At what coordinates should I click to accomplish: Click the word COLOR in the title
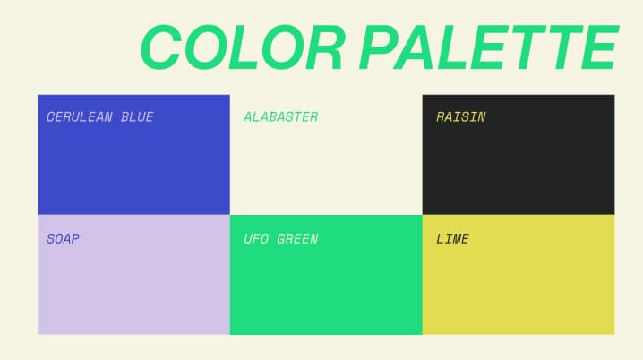[x=244, y=47]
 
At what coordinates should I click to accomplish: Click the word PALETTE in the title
[x=489, y=47]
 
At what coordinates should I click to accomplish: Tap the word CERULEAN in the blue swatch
[x=80, y=117]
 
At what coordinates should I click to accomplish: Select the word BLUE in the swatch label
[x=137, y=117]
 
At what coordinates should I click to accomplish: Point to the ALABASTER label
[x=281, y=117]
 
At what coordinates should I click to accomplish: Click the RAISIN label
[x=461, y=117]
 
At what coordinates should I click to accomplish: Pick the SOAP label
[x=63, y=238]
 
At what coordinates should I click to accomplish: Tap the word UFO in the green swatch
[x=256, y=238]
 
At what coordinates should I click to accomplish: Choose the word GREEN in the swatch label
[x=297, y=238]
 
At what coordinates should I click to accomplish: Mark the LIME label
[x=452, y=238]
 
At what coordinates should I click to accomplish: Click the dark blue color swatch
[x=133, y=155]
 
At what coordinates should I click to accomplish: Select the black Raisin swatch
[x=519, y=155]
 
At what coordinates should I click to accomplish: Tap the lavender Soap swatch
[x=133, y=275]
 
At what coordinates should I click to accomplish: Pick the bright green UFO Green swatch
[x=326, y=275]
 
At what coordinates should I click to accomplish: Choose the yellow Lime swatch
[x=519, y=275]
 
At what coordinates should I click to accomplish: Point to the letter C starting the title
[x=161, y=47]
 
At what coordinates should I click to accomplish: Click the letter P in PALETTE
[x=380, y=47]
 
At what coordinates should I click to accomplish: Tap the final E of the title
[x=599, y=47]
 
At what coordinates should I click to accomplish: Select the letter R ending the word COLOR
[x=326, y=47]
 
